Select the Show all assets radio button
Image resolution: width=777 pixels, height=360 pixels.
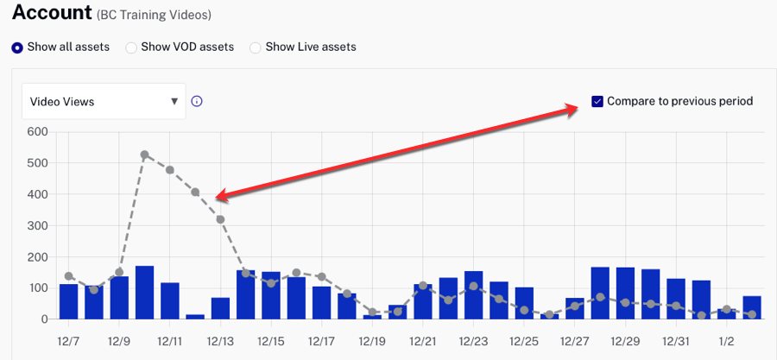(x=17, y=47)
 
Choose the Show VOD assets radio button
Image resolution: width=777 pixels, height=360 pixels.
(x=131, y=47)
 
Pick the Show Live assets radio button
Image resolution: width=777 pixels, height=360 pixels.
(x=256, y=47)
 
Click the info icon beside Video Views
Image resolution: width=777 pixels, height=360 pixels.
(x=197, y=102)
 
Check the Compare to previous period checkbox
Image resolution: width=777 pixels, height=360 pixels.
(x=597, y=102)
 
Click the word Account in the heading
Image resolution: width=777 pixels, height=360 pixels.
(x=52, y=13)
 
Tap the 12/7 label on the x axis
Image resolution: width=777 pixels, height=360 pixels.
(x=69, y=342)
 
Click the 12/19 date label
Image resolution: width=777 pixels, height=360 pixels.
(x=372, y=342)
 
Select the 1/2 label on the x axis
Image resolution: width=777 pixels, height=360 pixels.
(x=726, y=342)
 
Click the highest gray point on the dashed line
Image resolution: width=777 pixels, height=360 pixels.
(x=144, y=155)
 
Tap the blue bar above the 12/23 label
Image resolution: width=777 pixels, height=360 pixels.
(x=473, y=295)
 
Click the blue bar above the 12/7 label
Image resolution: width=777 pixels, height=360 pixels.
(x=69, y=301)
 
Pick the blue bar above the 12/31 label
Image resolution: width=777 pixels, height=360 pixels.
(x=676, y=299)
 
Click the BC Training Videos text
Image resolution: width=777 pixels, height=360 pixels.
(x=155, y=16)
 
